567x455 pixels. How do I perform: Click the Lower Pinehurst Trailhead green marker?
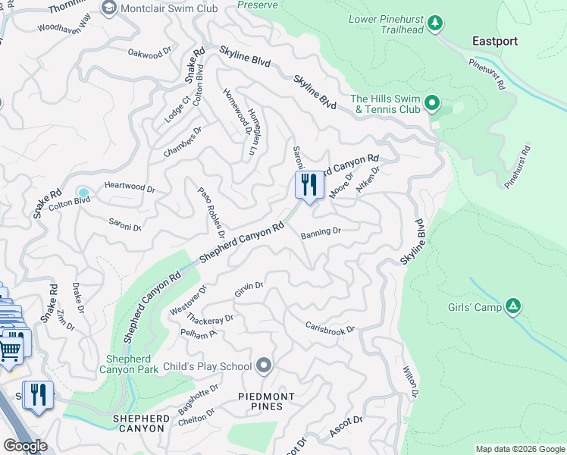[435, 24]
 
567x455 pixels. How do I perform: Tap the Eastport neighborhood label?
[494, 41]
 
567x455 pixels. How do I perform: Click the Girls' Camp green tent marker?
[513, 306]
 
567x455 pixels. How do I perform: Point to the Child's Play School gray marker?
[264, 366]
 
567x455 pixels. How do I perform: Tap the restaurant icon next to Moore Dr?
[309, 185]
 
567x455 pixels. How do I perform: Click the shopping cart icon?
[10, 350]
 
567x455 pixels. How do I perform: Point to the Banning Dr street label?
[321, 232]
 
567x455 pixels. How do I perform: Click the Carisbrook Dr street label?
[330, 328]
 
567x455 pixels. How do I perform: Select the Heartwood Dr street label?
[130, 185]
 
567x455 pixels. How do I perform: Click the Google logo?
[25, 446]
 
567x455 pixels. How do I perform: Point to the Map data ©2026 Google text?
[519, 449]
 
